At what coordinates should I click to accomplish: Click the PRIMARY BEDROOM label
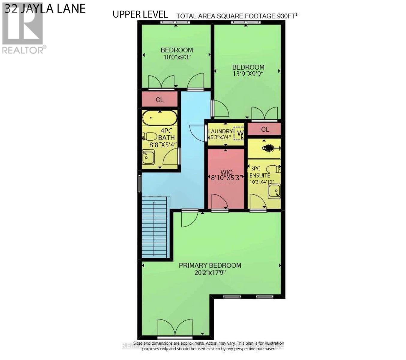click(x=210, y=265)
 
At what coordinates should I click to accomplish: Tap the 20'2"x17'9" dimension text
click(x=210, y=273)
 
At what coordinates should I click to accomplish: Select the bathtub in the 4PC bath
click(x=160, y=118)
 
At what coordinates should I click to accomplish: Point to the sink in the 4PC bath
click(x=148, y=157)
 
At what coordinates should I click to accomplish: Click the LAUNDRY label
click(x=220, y=131)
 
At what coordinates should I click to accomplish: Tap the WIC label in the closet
click(x=226, y=172)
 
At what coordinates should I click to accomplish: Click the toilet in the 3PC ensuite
click(x=273, y=169)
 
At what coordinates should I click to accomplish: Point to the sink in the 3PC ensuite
click(x=274, y=191)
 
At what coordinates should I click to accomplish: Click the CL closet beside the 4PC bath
click(x=160, y=100)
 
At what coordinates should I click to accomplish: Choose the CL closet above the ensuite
click(x=265, y=130)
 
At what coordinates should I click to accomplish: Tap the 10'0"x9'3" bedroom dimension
click(x=177, y=57)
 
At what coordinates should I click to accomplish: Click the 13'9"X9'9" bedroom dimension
click(x=248, y=74)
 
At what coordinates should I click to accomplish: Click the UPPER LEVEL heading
click(x=140, y=14)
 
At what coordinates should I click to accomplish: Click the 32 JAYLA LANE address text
click(x=45, y=8)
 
